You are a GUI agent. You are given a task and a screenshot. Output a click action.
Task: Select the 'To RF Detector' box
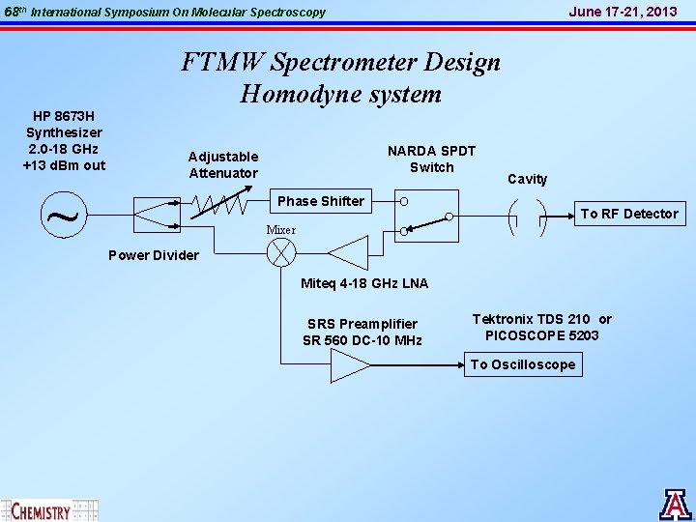628,214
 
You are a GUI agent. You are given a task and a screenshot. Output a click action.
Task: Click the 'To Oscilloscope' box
523,364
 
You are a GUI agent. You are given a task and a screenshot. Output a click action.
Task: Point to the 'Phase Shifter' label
321,201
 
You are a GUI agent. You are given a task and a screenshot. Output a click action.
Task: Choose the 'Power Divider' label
154,256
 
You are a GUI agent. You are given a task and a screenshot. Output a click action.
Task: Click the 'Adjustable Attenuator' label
223,164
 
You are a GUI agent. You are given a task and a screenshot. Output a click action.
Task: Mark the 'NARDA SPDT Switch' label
431,159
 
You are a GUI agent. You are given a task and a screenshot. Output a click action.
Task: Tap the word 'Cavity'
527,179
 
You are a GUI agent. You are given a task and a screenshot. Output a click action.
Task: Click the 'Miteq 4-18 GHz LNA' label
364,283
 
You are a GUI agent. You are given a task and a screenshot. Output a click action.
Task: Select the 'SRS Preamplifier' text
362,324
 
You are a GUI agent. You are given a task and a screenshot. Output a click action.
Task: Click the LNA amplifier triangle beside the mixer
350,252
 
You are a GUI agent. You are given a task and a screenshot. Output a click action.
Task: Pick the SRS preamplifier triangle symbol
350,365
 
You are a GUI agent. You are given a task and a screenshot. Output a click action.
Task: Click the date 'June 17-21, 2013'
623,12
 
